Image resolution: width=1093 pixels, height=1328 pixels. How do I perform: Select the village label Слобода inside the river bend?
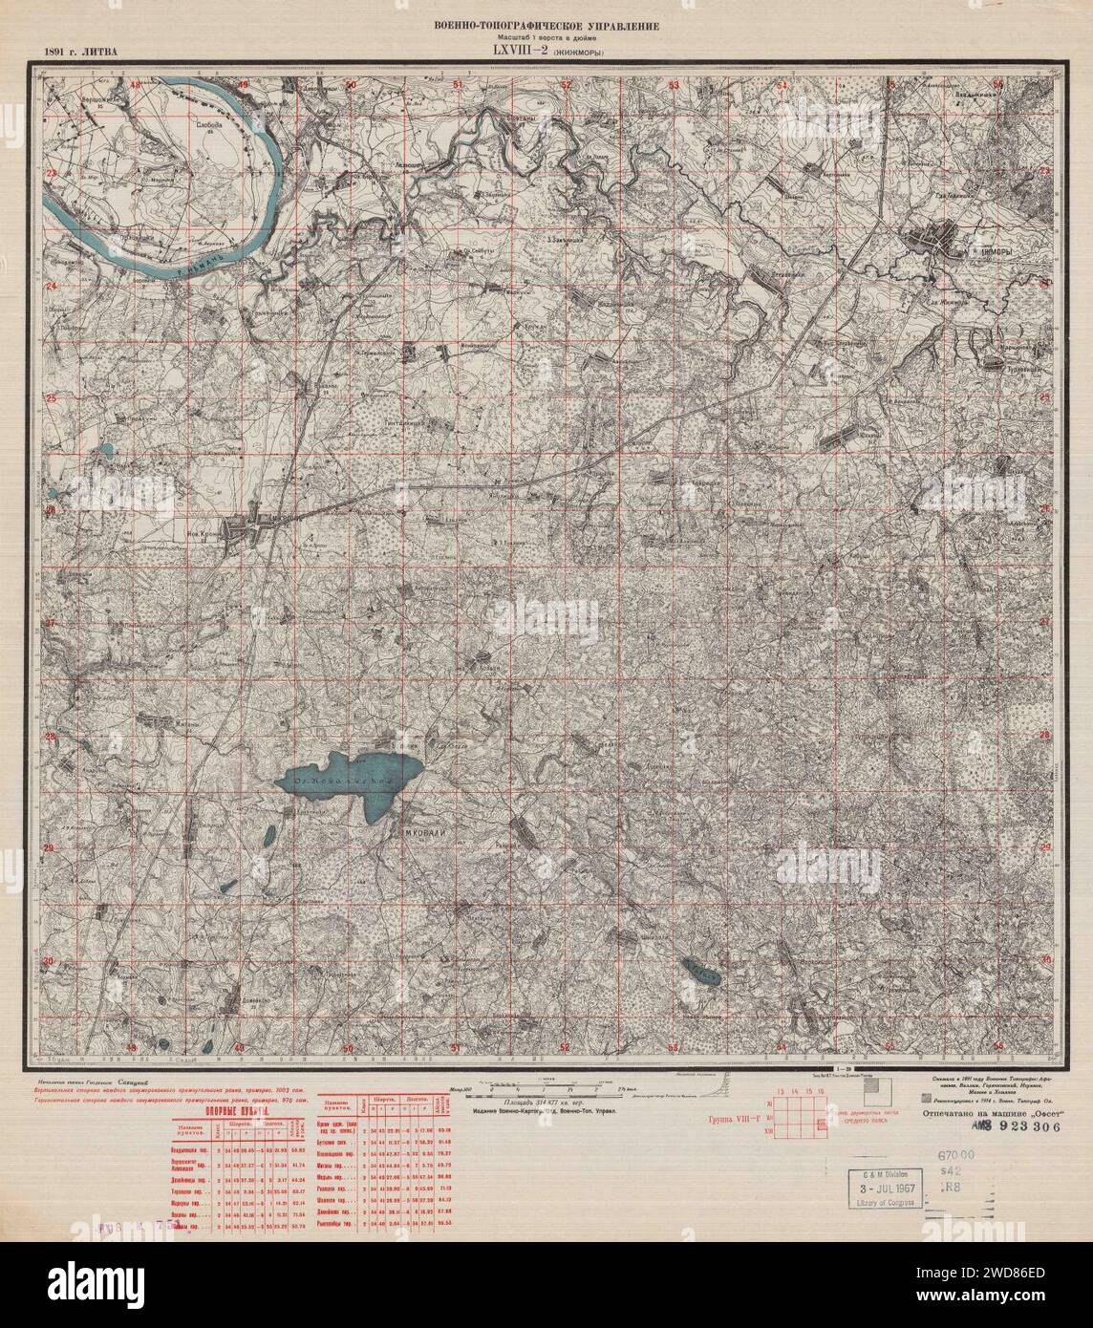[x=207, y=124]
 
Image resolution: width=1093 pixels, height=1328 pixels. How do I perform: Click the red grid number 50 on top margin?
[x=350, y=86]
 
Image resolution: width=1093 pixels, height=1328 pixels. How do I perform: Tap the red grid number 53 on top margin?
[x=674, y=86]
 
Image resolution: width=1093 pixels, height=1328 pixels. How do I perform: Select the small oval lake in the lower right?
[x=702, y=973]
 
